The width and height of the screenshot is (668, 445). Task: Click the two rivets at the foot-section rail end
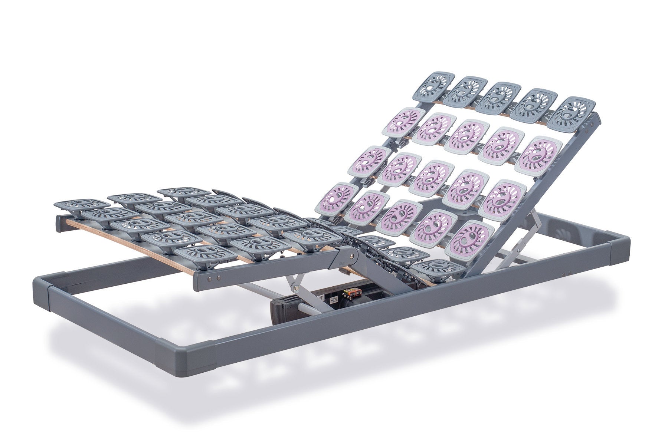pyautogui.click(x=215, y=277)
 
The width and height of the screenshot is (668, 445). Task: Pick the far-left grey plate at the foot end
pyautogui.click(x=78, y=205)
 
